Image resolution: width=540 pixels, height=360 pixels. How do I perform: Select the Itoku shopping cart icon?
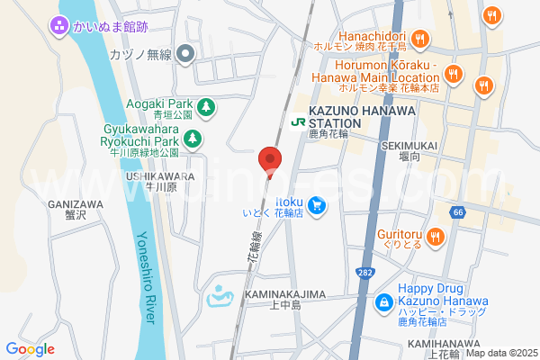click(316, 207)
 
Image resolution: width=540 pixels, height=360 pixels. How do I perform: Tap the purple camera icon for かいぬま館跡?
click(60, 26)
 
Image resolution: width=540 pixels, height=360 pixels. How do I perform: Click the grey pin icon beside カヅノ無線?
click(185, 55)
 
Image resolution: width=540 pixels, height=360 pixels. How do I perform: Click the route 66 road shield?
click(459, 211)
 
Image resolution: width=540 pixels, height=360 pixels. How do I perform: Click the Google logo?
click(31, 348)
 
